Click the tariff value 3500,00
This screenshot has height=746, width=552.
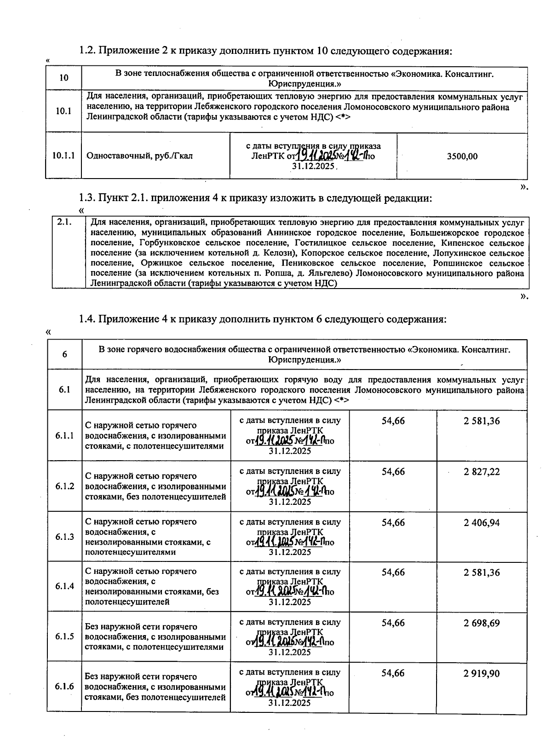pyautogui.click(x=462, y=156)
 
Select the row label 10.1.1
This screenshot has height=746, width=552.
pyautogui.click(x=63, y=156)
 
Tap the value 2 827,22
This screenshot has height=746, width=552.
pyautogui.click(x=482, y=472)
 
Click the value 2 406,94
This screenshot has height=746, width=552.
pyautogui.click(x=482, y=523)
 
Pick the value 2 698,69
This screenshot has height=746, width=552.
pyautogui.click(x=482, y=623)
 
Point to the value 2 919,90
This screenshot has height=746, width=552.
pyautogui.click(x=482, y=674)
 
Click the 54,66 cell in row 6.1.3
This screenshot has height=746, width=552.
pyautogui.click(x=393, y=523)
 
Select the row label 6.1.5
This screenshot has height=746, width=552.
pyautogui.click(x=65, y=636)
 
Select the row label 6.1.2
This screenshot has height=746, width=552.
pyautogui.click(x=65, y=486)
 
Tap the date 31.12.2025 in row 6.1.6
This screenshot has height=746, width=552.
pyautogui.click(x=290, y=703)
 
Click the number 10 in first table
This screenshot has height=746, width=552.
pyautogui.click(x=64, y=78)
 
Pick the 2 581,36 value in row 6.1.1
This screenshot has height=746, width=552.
pyautogui.click(x=482, y=421)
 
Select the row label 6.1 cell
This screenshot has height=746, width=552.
pyautogui.click(x=64, y=390)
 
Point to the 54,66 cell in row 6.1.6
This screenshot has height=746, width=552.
pyautogui.click(x=393, y=674)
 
